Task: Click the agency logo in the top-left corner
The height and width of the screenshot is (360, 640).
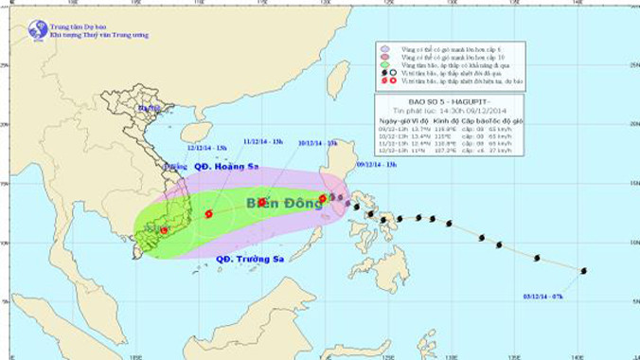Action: click(38, 30)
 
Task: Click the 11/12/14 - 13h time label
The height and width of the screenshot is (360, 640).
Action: click(263, 141)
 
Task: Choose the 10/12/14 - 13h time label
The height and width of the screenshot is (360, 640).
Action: click(318, 143)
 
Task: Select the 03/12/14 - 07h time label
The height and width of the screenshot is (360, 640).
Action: click(542, 295)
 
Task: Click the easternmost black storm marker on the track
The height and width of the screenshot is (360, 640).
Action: click(583, 272)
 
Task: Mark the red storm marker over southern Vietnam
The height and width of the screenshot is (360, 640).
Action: click(164, 230)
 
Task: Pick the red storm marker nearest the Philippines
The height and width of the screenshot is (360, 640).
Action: click(323, 199)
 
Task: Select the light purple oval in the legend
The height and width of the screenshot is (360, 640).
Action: click(385, 48)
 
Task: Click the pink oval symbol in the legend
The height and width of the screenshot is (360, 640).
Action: click(385, 57)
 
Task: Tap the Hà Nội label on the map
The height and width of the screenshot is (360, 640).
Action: click(149, 108)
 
